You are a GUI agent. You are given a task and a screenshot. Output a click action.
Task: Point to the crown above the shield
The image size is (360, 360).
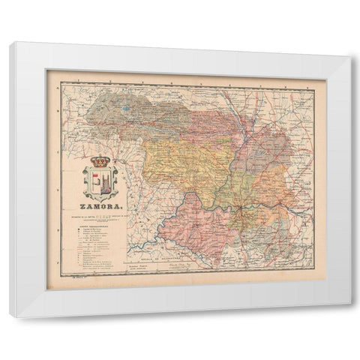(x=100, y=161)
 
